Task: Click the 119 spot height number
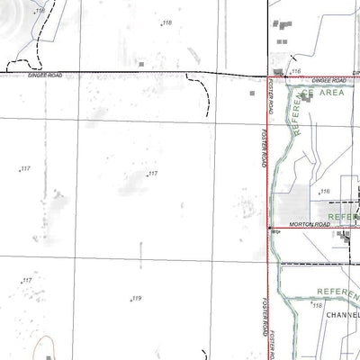coord(136,299)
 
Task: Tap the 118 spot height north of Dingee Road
coord(166,22)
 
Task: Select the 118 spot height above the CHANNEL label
coord(317,305)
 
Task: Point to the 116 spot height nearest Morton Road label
coord(325,192)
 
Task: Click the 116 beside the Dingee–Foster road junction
coord(295,70)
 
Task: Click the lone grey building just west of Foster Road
coord(253,92)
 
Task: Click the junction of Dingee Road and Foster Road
coord(269,75)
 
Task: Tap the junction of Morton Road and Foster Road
coord(269,228)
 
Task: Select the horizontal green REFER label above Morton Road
coord(342,217)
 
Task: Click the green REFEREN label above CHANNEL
coord(337,292)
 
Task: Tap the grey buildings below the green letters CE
coord(306,97)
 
